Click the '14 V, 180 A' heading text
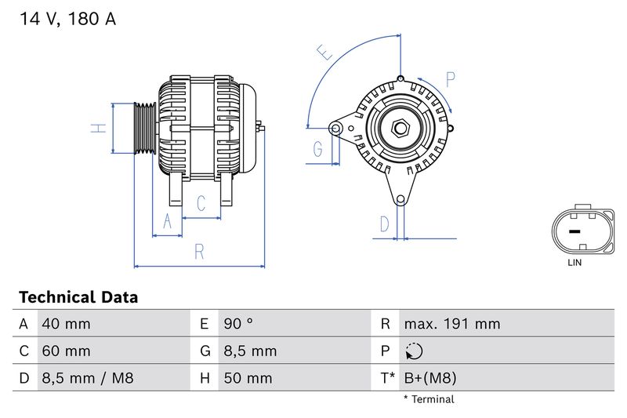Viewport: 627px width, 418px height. [67, 20]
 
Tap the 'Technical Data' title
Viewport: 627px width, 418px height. [78, 297]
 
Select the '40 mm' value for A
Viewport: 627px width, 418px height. [66, 324]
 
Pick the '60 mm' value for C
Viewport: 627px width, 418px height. [66, 351]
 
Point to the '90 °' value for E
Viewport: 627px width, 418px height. [238, 324]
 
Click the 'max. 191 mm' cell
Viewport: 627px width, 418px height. [451, 324]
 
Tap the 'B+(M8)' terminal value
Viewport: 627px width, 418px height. [429, 379]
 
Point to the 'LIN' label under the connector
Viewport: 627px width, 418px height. [574, 263]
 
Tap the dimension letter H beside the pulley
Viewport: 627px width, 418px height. [97, 128]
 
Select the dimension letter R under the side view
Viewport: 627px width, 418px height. [199, 252]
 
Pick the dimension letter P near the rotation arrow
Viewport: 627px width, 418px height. [451, 79]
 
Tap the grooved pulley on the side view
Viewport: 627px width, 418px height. [144, 129]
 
